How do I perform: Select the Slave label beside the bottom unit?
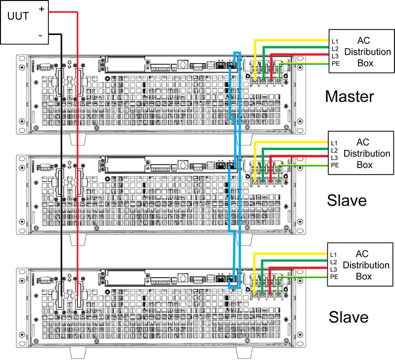[x=349, y=317]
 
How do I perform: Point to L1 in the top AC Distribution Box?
[x=335, y=41]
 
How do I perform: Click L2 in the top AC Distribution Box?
[x=335, y=49]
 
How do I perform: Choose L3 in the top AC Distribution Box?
[x=335, y=56]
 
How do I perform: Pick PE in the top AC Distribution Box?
[x=335, y=64]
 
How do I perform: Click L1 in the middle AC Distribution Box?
[x=335, y=143]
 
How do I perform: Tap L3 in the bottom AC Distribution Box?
[x=334, y=270]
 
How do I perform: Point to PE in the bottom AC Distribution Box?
[x=334, y=278]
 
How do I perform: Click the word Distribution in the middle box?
[x=367, y=153]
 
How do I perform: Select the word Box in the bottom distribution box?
[x=366, y=276]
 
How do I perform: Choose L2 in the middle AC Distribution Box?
[x=335, y=150]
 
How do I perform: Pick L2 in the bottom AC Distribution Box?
[x=334, y=262]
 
